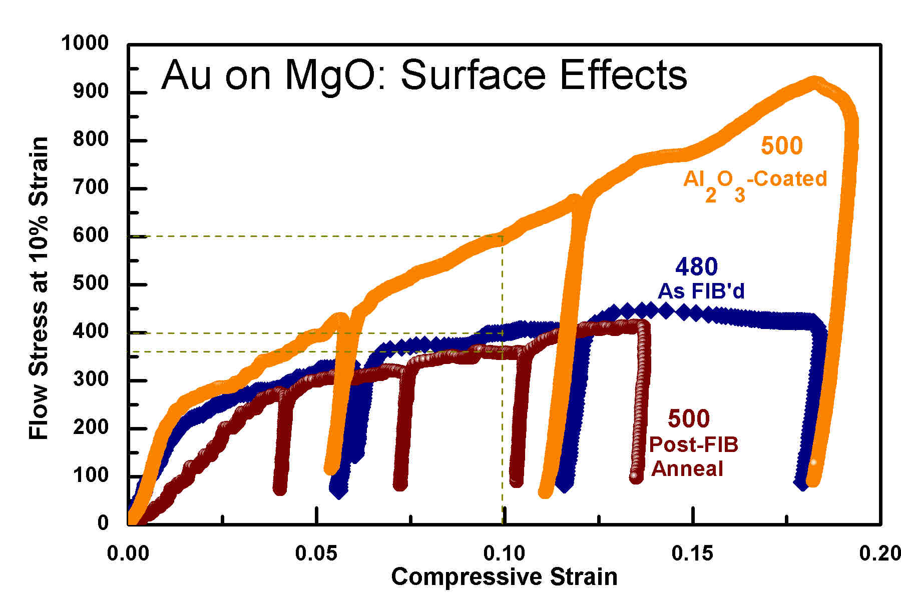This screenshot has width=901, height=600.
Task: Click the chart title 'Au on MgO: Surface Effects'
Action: point(423,75)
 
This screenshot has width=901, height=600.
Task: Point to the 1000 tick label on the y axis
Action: point(85,43)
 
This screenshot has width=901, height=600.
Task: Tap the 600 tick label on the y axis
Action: point(91,235)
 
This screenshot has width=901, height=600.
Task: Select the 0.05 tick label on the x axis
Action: point(316,553)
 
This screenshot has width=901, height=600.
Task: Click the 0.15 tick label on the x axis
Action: point(693,553)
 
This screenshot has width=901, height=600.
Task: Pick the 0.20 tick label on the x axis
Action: point(879,553)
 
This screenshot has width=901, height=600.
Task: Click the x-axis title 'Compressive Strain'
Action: point(504,576)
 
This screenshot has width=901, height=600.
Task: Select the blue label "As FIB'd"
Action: point(701,291)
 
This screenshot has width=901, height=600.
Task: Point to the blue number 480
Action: point(696,267)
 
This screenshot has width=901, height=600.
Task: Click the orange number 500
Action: point(781,146)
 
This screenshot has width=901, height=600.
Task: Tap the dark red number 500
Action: point(689,419)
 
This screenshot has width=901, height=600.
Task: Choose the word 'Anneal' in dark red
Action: point(687,469)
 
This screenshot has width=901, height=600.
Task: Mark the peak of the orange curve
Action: point(814,82)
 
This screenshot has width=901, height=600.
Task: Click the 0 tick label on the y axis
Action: point(103,522)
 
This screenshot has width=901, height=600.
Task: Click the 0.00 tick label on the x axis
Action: point(128,553)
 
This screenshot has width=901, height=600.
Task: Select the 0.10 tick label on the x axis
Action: point(504,553)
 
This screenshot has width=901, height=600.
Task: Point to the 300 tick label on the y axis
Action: point(91,379)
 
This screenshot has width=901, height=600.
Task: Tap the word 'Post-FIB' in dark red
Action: point(693,444)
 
